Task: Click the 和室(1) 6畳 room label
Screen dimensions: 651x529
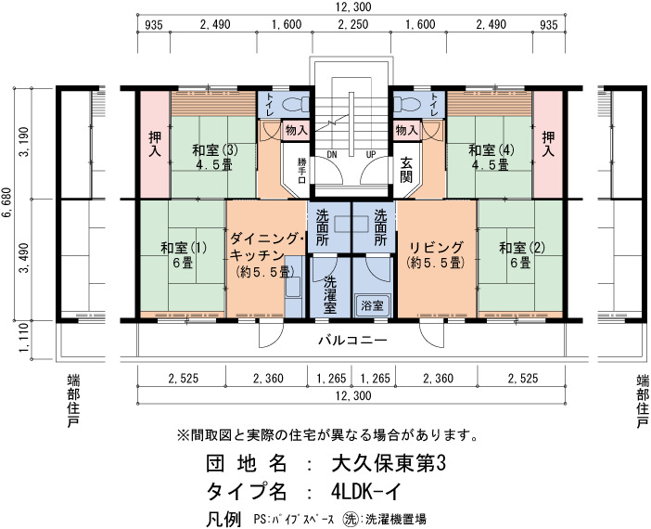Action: [x=183, y=255]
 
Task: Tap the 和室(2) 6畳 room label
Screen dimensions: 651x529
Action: [x=522, y=255]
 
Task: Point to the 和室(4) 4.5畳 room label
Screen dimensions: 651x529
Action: [x=491, y=157]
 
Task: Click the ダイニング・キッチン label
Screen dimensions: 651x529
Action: [x=267, y=247]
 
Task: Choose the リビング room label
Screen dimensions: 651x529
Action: [x=436, y=248]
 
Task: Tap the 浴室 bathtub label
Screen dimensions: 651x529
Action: [x=372, y=306]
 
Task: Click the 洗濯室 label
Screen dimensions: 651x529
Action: [x=330, y=294]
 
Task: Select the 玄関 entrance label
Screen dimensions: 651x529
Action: [x=406, y=170]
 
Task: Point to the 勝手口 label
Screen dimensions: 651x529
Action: [x=301, y=171]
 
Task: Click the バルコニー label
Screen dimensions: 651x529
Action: [x=352, y=341]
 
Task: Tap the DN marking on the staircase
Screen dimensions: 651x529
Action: [x=332, y=155]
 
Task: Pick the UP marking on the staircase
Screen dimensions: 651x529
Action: [x=371, y=155]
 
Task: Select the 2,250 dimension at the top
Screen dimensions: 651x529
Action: [x=353, y=24]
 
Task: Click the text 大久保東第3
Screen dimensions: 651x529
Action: [x=389, y=463]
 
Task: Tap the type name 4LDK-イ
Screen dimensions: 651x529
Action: [x=366, y=492]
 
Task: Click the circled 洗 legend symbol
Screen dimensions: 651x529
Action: [x=350, y=519]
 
